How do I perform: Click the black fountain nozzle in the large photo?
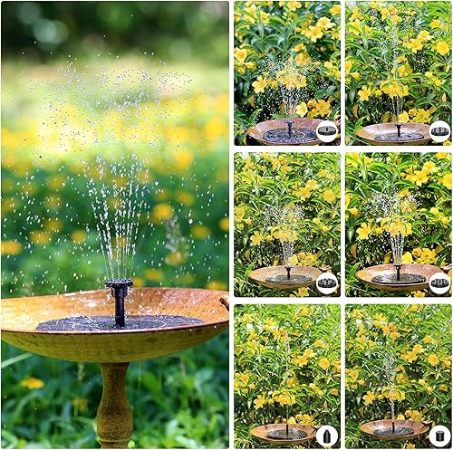tap(118, 300)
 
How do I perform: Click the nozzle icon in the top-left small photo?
tap(327, 132)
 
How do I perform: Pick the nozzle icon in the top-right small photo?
tap(439, 132)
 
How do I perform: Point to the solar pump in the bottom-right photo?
tap(394, 428)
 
